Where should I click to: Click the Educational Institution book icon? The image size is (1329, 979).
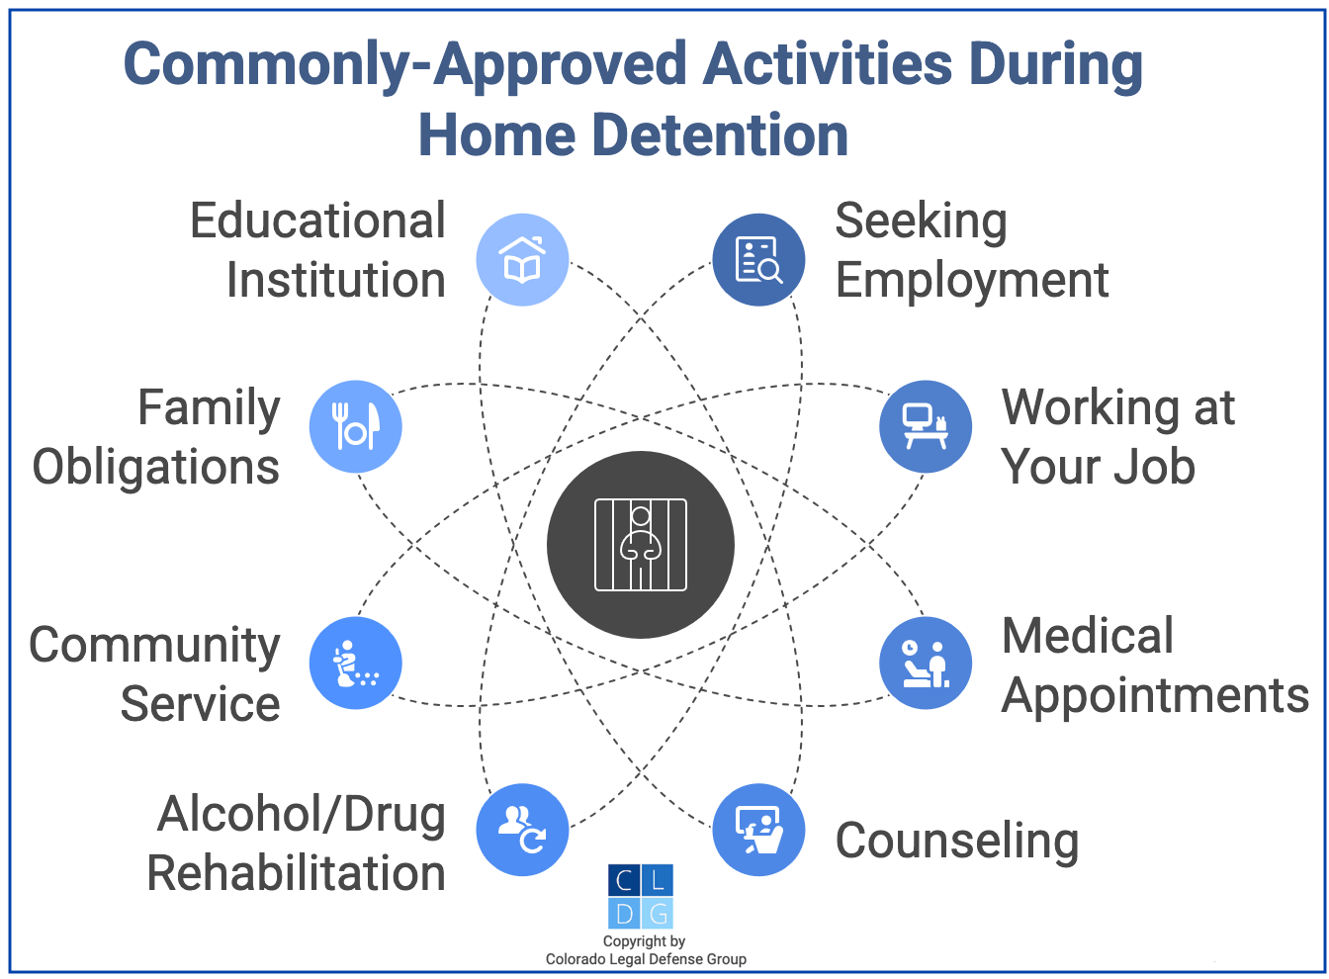522,260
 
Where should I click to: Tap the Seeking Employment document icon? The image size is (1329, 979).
758,260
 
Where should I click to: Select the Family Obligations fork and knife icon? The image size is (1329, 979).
356,426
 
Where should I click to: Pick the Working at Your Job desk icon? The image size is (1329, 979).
926,426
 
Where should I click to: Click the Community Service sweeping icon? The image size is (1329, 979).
356,663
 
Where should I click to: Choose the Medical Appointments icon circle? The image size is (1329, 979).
926,663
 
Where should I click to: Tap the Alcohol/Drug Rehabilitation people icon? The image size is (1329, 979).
522,830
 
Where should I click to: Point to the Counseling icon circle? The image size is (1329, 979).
758,830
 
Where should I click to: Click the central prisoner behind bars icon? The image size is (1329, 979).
641,545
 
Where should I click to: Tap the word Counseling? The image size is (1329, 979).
956,842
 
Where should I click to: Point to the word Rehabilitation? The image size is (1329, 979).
296,873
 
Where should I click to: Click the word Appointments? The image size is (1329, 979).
1155,696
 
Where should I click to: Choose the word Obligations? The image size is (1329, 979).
156,468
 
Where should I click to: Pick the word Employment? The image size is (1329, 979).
971,281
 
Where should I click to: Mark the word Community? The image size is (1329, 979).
154,646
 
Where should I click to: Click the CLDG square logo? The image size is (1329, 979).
641,896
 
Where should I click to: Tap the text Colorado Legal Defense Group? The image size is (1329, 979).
646,959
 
